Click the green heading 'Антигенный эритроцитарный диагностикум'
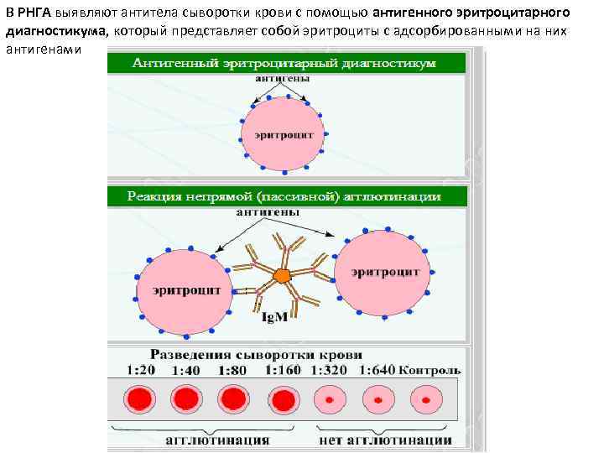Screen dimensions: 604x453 tap(286, 64)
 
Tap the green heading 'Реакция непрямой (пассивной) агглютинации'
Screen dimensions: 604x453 tap(285, 196)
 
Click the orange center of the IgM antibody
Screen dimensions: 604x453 tap(282, 275)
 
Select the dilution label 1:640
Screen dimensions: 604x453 tap(375, 370)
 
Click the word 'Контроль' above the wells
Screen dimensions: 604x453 tap(430, 370)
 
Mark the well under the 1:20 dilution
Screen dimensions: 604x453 tap(138, 398)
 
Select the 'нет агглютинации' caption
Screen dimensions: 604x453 tap(385, 440)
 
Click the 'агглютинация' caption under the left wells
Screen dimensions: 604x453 tap(216, 440)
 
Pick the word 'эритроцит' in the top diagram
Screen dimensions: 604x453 tap(277, 135)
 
